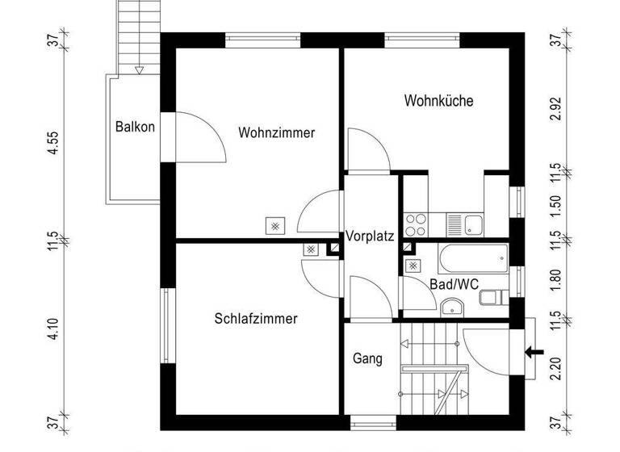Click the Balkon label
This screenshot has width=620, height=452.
135,127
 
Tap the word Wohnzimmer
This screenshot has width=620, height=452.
276,133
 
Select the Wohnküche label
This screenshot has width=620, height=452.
438,101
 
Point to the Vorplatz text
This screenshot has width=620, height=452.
369,237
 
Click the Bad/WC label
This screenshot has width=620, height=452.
455,284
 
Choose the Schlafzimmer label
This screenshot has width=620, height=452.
256,319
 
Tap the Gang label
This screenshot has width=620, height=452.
367,358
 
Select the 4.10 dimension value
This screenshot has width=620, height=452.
52,329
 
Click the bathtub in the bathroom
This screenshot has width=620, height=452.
471,260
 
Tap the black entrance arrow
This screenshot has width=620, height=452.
533,351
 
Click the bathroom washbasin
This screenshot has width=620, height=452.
451,305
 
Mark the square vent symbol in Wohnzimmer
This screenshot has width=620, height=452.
276,227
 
